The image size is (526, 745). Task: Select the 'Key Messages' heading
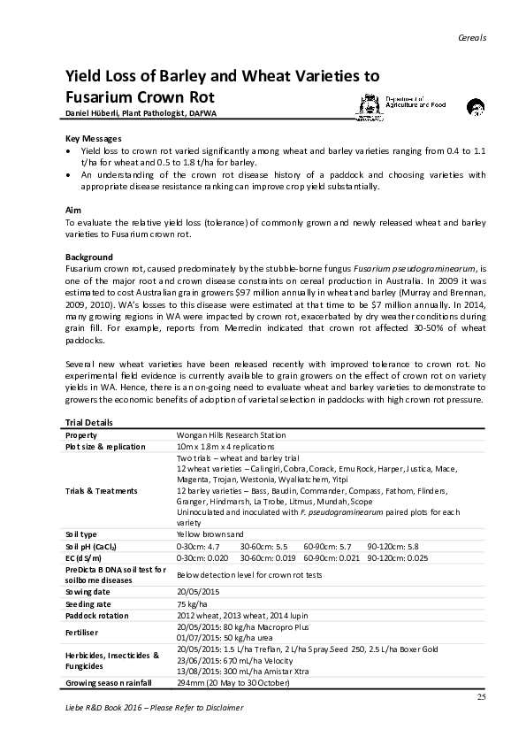pos(94,140)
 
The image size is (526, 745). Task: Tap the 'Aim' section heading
pos(74,210)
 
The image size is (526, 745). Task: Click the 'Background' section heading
pos(89,257)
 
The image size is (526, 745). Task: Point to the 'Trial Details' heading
pos(90,423)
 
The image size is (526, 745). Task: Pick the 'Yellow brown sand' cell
pos(211,534)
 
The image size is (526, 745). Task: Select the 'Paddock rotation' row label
pos(97,615)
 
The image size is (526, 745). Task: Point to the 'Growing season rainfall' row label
pos(109,683)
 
